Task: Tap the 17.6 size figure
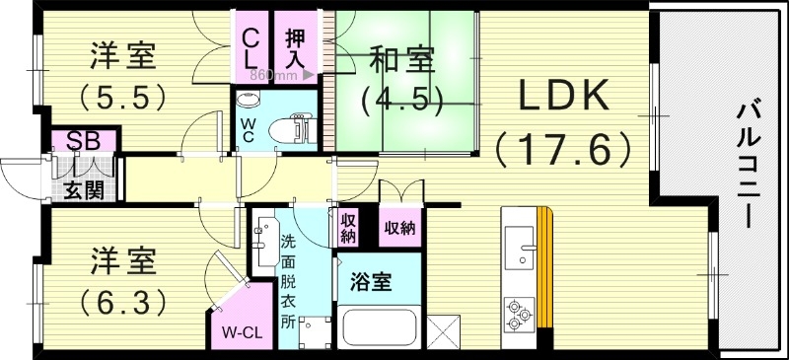tap(562, 150)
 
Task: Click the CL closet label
tap(252, 46)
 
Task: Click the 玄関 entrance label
tap(84, 189)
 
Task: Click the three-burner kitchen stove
tap(517, 312)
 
